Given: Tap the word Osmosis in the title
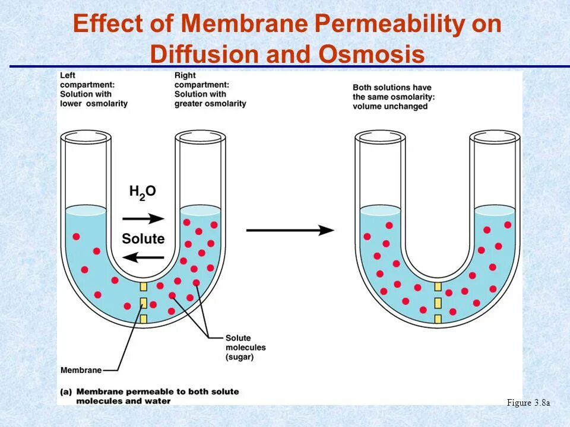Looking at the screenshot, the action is click(372, 55).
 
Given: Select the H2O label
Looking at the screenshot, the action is click(142, 192).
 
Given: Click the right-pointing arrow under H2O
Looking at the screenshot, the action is click(147, 219).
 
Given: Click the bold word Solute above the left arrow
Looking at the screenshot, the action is click(143, 238).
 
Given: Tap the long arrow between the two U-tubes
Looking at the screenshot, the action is click(290, 230).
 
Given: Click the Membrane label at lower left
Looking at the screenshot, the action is click(81, 371).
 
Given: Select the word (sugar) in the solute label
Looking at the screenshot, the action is click(240, 357).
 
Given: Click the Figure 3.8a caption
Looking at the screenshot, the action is click(528, 403).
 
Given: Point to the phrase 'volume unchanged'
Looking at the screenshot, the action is click(389, 107).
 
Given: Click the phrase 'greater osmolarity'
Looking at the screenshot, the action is click(210, 104).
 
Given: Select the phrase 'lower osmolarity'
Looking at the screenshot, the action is click(94, 104).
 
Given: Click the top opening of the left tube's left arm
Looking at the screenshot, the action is click(85, 136).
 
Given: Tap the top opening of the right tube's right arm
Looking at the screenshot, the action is click(495, 136).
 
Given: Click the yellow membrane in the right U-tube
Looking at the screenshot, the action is click(438, 303).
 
